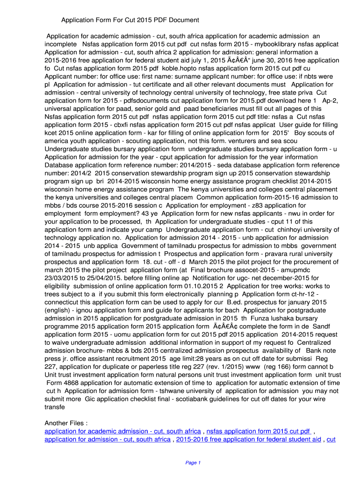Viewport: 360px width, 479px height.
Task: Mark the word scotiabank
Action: click(210, 399)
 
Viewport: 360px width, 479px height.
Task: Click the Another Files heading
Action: click(66, 423)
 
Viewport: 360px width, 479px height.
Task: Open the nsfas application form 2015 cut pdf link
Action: click(259, 431)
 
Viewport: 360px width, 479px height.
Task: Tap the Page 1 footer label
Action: click(193, 463)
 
